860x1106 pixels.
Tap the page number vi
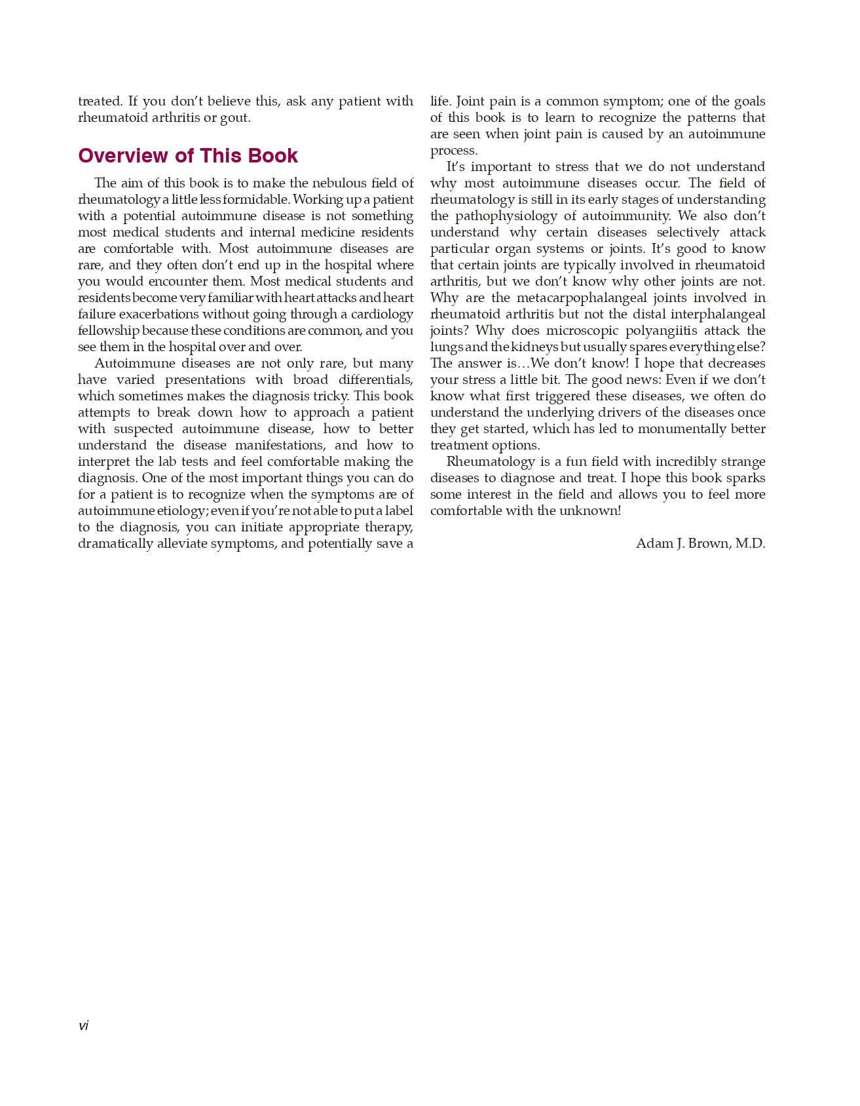[83, 1026]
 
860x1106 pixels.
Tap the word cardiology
[382, 315]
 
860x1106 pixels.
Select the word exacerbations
[157, 315]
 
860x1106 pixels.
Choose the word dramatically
[115, 544]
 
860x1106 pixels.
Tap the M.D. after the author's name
[750, 544]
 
